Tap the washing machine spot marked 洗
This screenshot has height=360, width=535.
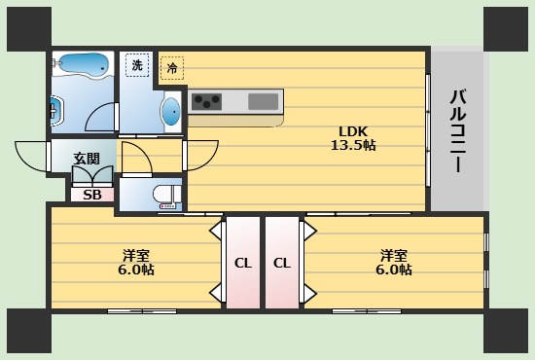click(137, 65)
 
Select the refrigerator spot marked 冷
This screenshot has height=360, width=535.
click(172, 68)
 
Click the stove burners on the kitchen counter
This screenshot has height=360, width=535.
click(206, 101)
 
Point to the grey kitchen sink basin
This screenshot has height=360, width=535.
click(263, 101)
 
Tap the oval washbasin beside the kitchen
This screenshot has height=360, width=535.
click(171, 111)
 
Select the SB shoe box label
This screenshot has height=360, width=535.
click(92, 195)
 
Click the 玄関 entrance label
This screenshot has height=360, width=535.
click(87, 159)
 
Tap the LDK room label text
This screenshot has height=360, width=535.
click(353, 131)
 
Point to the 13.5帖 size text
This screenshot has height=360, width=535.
click(353, 145)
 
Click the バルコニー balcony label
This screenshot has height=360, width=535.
click(458, 130)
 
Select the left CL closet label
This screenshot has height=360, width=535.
click(243, 263)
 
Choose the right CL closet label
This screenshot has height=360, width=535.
click(282, 263)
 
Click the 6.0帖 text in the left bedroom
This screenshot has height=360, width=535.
click(136, 270)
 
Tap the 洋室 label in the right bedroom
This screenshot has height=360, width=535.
click(394, 256)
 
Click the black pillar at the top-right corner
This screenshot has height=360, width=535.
click(506, 29)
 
